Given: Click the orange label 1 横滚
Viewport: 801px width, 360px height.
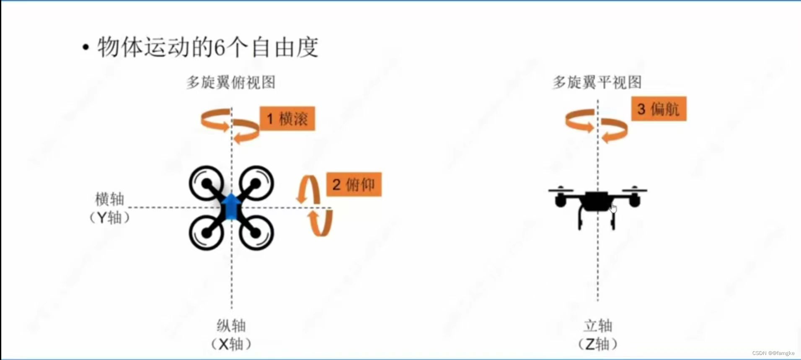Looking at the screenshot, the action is click(x=287, y=119).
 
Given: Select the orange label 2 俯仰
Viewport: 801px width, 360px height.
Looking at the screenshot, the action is click(x=354, y=184).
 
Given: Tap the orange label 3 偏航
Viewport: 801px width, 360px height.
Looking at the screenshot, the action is click(x=658, y=109).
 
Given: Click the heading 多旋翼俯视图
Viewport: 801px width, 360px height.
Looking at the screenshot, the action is click(x=231, y=82).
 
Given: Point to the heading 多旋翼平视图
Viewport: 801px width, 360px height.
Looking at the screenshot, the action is click(x=597, y=82).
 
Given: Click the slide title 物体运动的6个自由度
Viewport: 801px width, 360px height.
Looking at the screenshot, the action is click(x=207, y=47).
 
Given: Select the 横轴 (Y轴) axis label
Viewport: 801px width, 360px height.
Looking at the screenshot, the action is click(x=110, y=208).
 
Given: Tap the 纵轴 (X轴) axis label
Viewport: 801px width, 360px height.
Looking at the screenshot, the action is click(x=231, y=334).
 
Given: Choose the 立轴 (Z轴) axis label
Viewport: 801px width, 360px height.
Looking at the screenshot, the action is click(x=597, y=334).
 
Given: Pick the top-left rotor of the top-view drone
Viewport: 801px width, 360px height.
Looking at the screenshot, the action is click(x=207, y=183).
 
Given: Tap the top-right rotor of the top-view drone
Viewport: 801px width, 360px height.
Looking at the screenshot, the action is click(x=256, y=183).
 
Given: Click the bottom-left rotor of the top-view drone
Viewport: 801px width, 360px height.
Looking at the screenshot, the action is click(x=207, y=233).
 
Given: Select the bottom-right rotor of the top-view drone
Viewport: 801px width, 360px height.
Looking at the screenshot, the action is click(x=256, y=233).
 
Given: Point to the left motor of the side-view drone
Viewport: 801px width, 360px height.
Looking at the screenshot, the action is click(x=560, y=200).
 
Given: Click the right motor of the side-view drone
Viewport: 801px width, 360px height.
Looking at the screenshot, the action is click(x=634, y=200).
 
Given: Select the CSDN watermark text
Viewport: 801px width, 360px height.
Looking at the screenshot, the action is click(x=773, y=353).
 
